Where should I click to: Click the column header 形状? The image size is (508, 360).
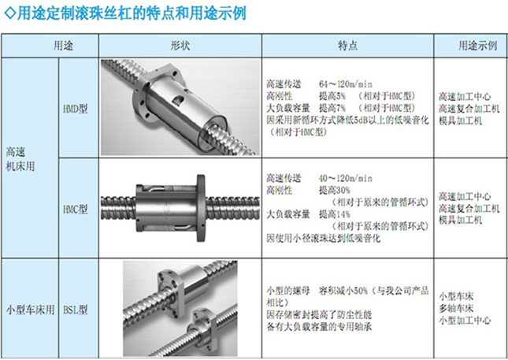(x=180, y=46)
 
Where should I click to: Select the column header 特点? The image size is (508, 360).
(x=347, y=46)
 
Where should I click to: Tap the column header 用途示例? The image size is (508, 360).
(x=477, y=46)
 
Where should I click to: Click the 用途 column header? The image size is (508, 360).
(x=63, y=46)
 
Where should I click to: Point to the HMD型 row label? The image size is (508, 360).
(x=75, y=109)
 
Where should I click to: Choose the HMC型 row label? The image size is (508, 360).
(x=75, y=210)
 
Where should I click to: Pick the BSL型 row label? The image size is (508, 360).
(x=75, y=310)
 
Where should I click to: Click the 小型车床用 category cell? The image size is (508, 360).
(x=30, y=310)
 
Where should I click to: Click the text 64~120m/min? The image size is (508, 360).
(x=346, y=84)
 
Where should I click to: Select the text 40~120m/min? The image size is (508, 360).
(x=346, y=179)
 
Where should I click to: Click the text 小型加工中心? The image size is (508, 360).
(x=465, y=321)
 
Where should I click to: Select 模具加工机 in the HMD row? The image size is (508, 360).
(x=461, y=121)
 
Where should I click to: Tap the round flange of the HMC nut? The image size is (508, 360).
(x=201, y=208)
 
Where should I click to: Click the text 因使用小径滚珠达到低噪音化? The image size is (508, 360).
(x=324, y=239)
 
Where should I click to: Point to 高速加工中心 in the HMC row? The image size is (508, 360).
(x=465, y=196)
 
